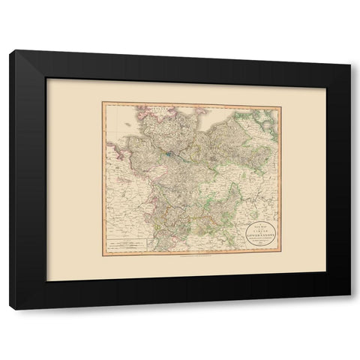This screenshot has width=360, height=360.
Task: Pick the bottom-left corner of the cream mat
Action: [x=46, y=280]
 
